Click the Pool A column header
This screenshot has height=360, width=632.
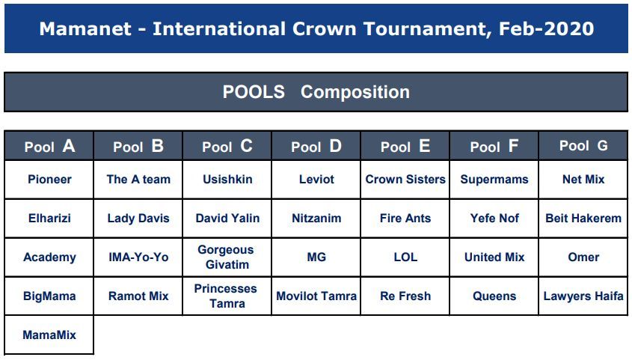(x=49, y=146)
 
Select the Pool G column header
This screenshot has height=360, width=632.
(x=583, y=146)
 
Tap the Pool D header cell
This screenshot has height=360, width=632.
(x=316, y=146)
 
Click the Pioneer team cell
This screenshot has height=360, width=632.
(x=49, y=180)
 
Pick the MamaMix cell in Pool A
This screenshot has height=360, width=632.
(x=49, y=335)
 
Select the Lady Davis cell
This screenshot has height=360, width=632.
(x=138, y=218)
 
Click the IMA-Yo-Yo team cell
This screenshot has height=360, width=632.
(x=138, y=257)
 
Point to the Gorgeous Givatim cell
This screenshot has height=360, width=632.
(x=227, y=257)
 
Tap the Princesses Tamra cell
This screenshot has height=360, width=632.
(x=227, y=296)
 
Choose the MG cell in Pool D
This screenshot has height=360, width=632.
(x=316, y=257)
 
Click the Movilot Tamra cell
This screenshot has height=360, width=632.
(x=316, y=296)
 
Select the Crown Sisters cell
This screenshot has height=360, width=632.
(x=405, y=180)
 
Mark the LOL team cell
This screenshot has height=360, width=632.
(x=405, y=257)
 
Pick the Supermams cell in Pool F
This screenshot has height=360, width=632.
(x=494, y=180)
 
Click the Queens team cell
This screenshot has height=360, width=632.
(x=494, y=296)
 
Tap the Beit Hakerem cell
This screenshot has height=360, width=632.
(x=583, y=218)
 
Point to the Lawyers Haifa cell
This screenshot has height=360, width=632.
(x=583, y=296)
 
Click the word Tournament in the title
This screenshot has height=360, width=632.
(x=427, y=29)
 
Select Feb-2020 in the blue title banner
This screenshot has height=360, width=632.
(x=546, y=29)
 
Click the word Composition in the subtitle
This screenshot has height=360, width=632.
(x=355, y=92)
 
